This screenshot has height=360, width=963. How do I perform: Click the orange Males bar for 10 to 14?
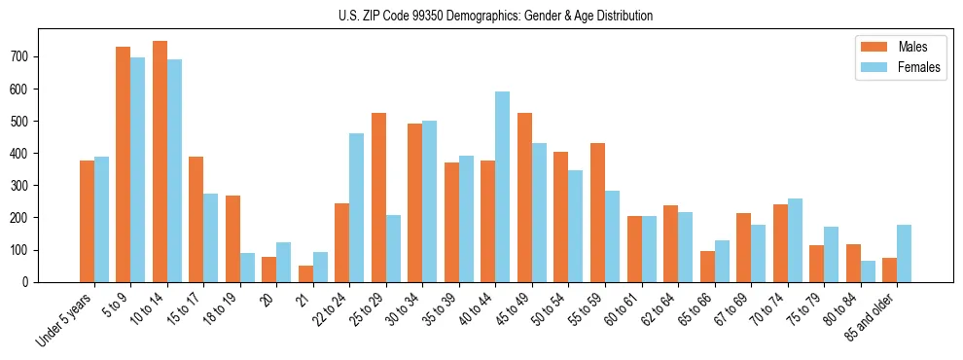tap(160, 162)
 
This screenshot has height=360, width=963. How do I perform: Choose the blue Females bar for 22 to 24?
tap(357, 207)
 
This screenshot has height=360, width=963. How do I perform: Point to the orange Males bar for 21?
tap(305, 273)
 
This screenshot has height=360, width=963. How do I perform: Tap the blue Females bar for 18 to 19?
tap(247, 268)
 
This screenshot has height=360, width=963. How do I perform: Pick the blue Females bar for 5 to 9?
tap(138, 169)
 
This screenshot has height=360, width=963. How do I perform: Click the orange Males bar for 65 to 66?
tap(707, 267)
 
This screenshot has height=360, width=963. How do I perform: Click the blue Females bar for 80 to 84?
tap(868, 271)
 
